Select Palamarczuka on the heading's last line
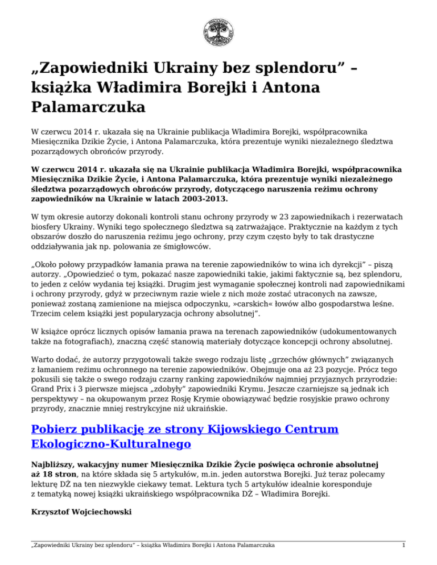click(80, 106)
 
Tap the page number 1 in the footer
click(402, 546)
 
